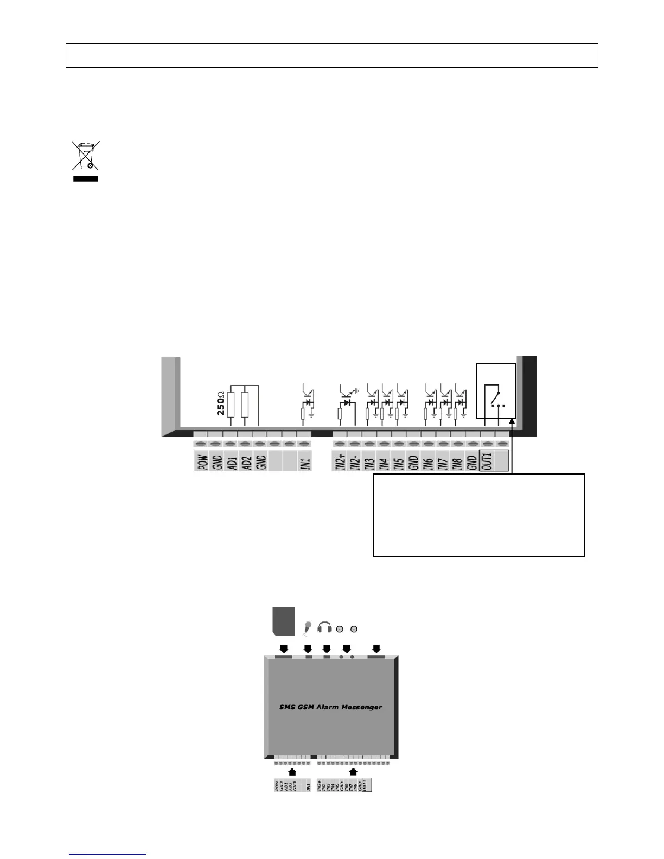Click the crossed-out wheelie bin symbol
[x=86, y=157]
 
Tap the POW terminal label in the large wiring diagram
[x=202, y=461]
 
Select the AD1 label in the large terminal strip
[x=231, y=461]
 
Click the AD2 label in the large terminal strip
[x=246, y=461]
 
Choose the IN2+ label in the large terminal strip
[x=340, y=461]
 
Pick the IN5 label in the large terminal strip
[x=399, y=461]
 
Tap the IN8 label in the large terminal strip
[x=457, y=461]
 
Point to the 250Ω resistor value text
[x=221, y=402]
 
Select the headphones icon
[x=324, y=627]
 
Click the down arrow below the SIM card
[x=284, y=649]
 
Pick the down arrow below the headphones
[x=327, y=649]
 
